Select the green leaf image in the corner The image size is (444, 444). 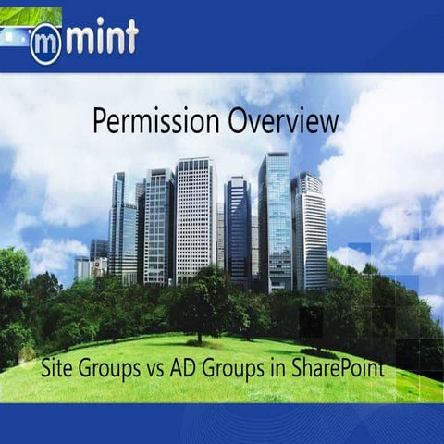pos(31,15)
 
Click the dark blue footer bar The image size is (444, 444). pos(222,424)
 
